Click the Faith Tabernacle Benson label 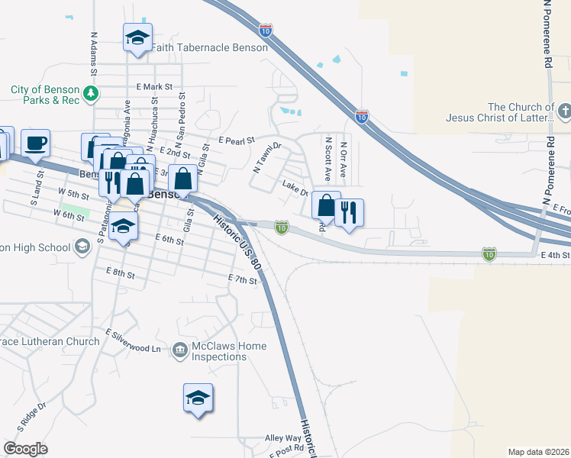click(209, 47)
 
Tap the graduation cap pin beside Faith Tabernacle click(137, 38)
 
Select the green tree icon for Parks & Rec click(91, 94)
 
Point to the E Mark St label click(155, 88)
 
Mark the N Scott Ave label click(328, 159)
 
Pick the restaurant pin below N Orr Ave click(349, 211)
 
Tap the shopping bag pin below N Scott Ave click(326, 205)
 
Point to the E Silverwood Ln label click(134, 342)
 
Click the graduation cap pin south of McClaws click(198, 398)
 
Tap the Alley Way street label click(282, 438)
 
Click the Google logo click(26, 449)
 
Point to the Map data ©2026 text click(538, 452)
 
